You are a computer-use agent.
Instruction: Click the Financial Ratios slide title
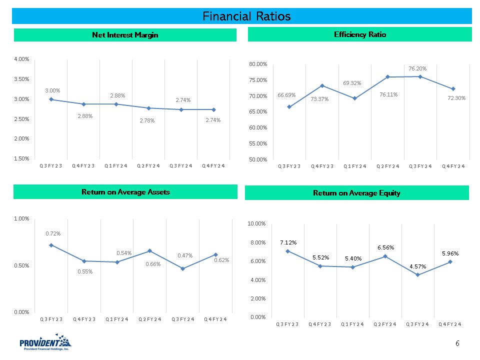246,16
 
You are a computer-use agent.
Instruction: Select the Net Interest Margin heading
125,34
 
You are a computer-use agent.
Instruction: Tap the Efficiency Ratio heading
359,34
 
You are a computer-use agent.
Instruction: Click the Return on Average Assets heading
125,191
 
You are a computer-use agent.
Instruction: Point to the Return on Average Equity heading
356,192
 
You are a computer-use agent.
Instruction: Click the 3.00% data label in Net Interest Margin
52,90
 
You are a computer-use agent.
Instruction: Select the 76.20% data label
417,68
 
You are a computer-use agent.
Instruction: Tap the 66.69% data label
287,95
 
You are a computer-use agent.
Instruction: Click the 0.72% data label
53,233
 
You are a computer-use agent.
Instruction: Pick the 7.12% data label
288,242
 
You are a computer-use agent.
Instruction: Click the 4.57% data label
418,266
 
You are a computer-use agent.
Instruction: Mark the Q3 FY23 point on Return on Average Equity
287,251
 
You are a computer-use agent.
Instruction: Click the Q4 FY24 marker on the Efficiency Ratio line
453,89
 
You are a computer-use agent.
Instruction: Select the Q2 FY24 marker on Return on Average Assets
149,250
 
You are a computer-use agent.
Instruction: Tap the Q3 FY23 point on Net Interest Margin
51,99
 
